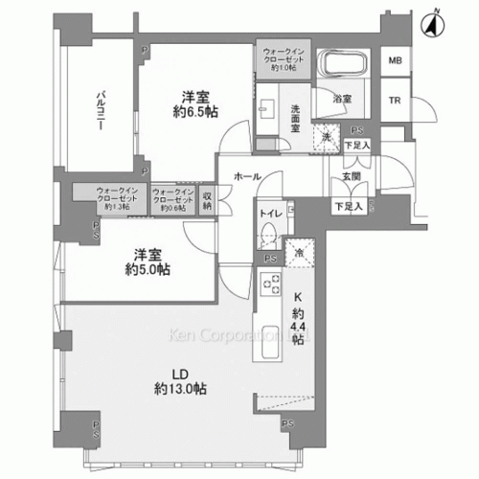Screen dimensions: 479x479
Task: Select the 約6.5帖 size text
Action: click(195, 111)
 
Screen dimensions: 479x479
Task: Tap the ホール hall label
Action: click(247, 176)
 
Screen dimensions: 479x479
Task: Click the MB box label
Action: click(395, 61)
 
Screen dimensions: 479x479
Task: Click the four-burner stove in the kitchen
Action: click(270, 285)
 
